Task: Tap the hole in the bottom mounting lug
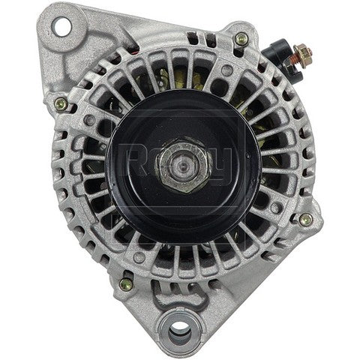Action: click(185, 331)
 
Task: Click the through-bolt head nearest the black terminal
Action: click(240, 39)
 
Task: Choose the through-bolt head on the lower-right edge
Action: click(304, 220)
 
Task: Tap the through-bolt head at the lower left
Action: click(126, 283)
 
